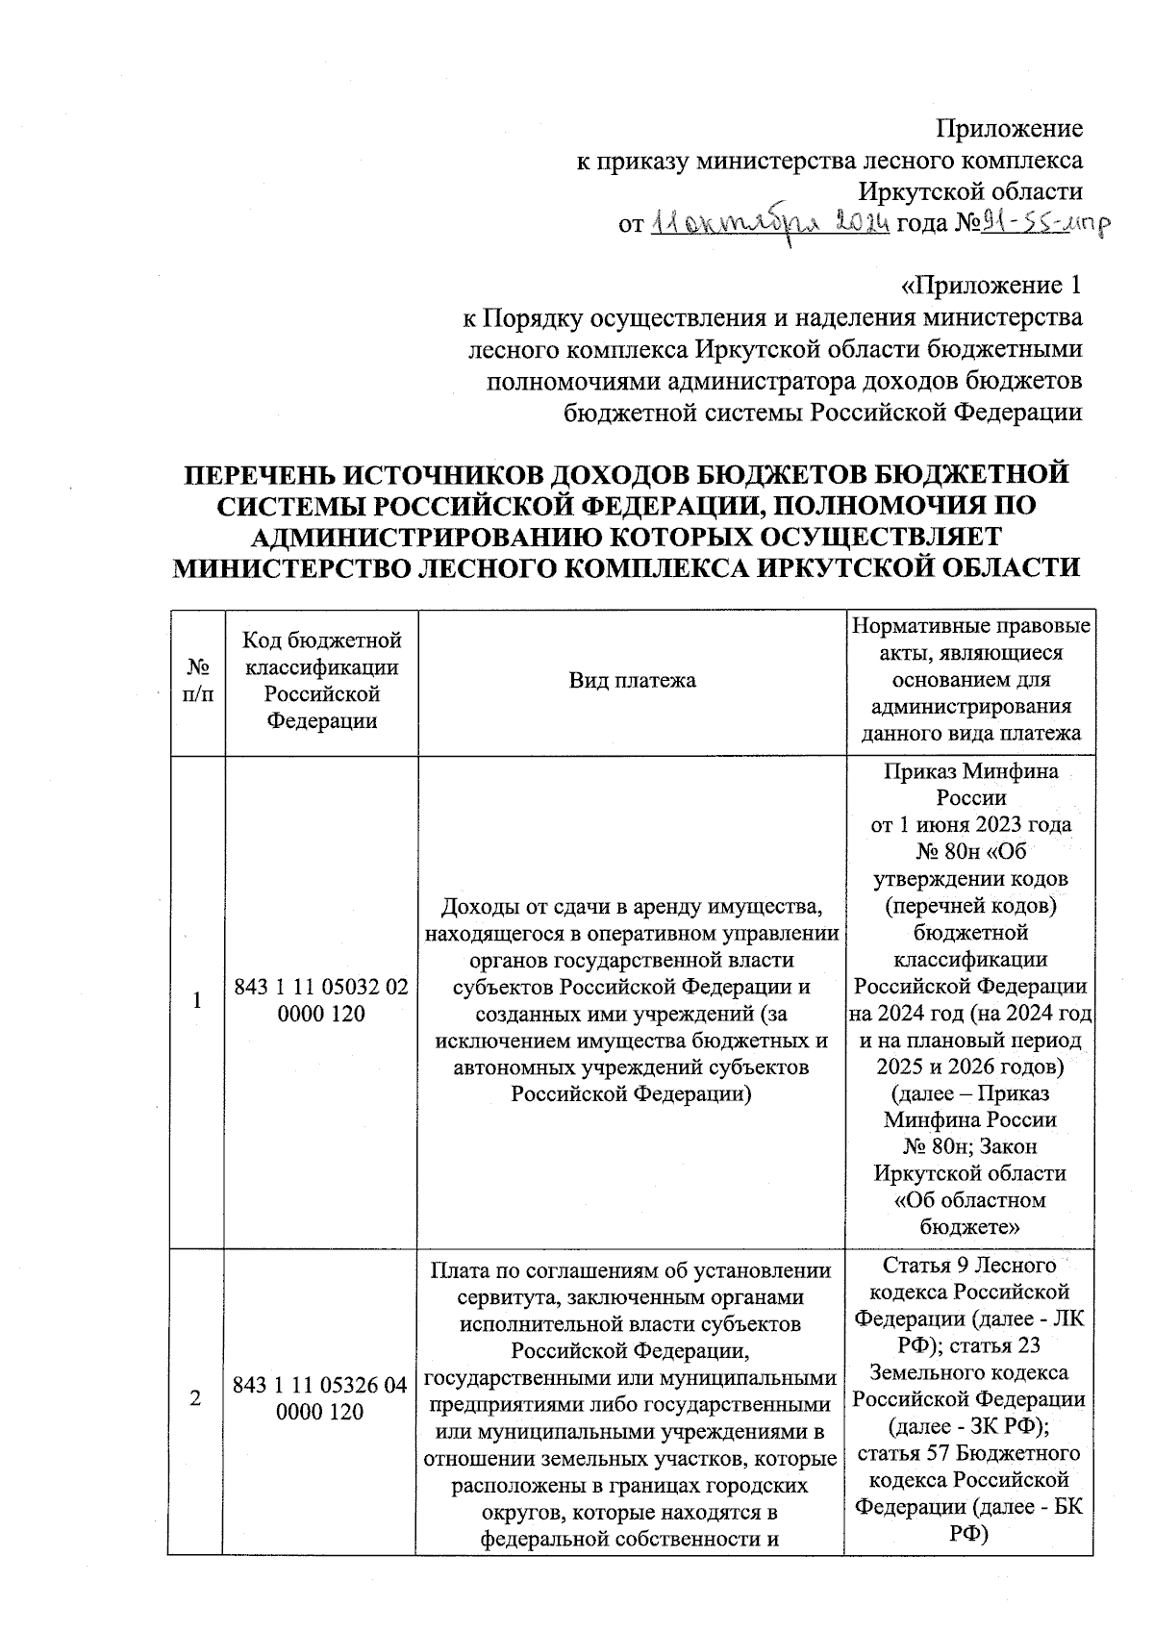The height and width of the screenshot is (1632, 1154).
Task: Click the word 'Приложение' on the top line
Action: tap(1010, 129)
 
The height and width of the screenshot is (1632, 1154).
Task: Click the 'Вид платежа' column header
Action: tap(631, 680)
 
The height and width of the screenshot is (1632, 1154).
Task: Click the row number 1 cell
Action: tap(197, 1000)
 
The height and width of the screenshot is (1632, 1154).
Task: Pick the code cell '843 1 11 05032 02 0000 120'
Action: tap(320, 1000)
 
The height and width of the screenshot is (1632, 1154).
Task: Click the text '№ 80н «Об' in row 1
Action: tap(970, 851)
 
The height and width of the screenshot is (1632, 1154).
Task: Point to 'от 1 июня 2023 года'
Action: tap(970, 824)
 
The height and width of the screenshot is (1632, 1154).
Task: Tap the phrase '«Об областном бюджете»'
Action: tap(970, 1213)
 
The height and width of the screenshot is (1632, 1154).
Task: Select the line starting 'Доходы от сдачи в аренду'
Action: tap(631, 906)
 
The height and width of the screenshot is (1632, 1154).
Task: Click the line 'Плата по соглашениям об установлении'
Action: tap(631, 1269)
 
